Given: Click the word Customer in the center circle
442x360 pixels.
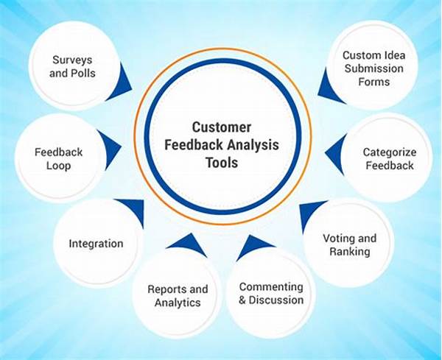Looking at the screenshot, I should [222, 127].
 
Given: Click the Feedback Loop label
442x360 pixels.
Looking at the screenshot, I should [58, 159].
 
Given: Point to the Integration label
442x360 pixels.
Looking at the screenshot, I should [96, 243].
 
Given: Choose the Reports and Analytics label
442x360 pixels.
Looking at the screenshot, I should [178, 296].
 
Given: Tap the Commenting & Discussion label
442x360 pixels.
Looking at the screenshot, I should [271, 293].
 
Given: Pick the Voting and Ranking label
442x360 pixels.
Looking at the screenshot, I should [350, 244].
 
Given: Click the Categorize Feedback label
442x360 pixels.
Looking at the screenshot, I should [389, 159].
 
